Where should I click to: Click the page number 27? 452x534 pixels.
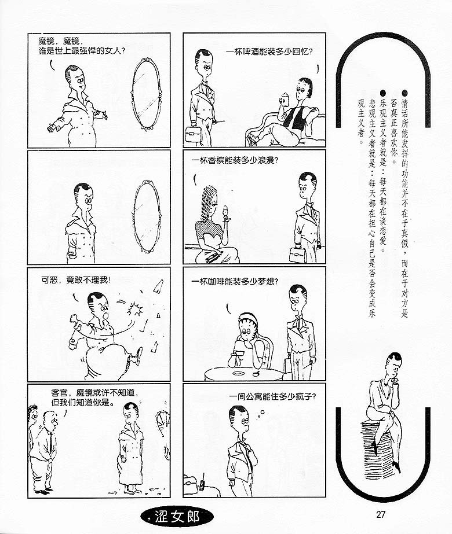point(380,514)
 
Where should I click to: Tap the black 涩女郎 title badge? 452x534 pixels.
point(177,517)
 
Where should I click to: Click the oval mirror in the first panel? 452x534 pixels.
point(146,94)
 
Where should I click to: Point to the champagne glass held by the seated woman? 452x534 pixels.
point(225,212)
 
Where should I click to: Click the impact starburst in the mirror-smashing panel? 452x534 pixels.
point(136,308)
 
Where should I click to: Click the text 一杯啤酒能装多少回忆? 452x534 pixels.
point(269,51)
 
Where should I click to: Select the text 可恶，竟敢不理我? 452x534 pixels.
point(76,280)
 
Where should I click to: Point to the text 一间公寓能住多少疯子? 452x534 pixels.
point(272,396)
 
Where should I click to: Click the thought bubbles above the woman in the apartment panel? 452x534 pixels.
point(261,414)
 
